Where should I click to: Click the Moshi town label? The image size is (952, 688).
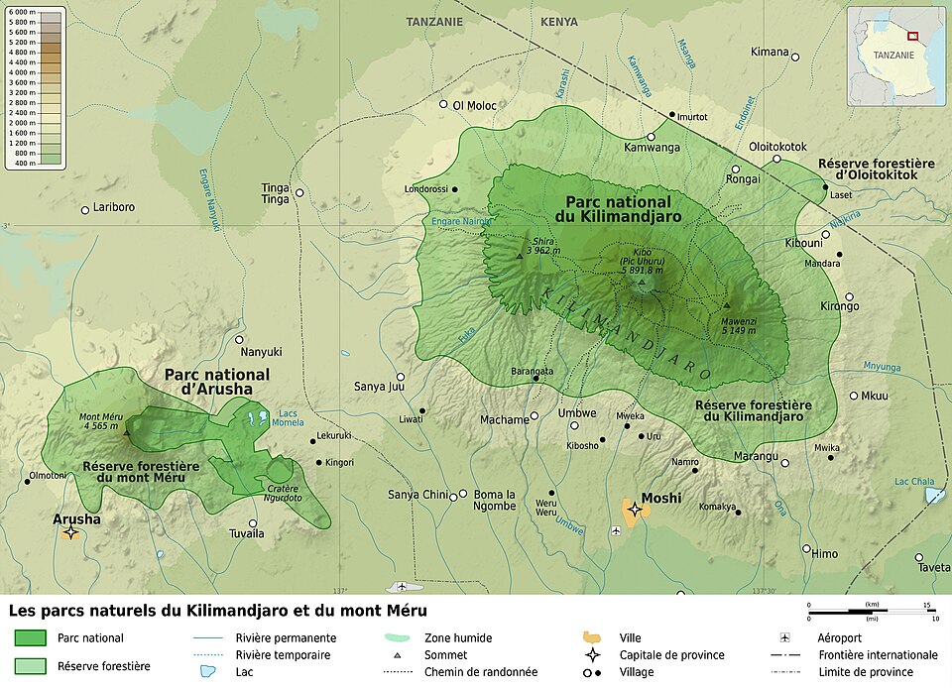point(660,498)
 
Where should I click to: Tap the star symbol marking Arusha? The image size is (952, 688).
point(70,533)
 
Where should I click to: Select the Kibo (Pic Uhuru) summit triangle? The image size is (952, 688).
point(641,283)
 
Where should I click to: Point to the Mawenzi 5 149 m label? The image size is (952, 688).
point(738,324)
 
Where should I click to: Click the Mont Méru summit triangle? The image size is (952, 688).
point(127,432)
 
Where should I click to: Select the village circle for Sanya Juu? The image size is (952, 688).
point(401,377)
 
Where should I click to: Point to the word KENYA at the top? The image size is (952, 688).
point(559,21)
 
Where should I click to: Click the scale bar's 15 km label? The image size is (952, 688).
point(927,605)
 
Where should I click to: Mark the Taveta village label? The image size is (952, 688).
point(932,570)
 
